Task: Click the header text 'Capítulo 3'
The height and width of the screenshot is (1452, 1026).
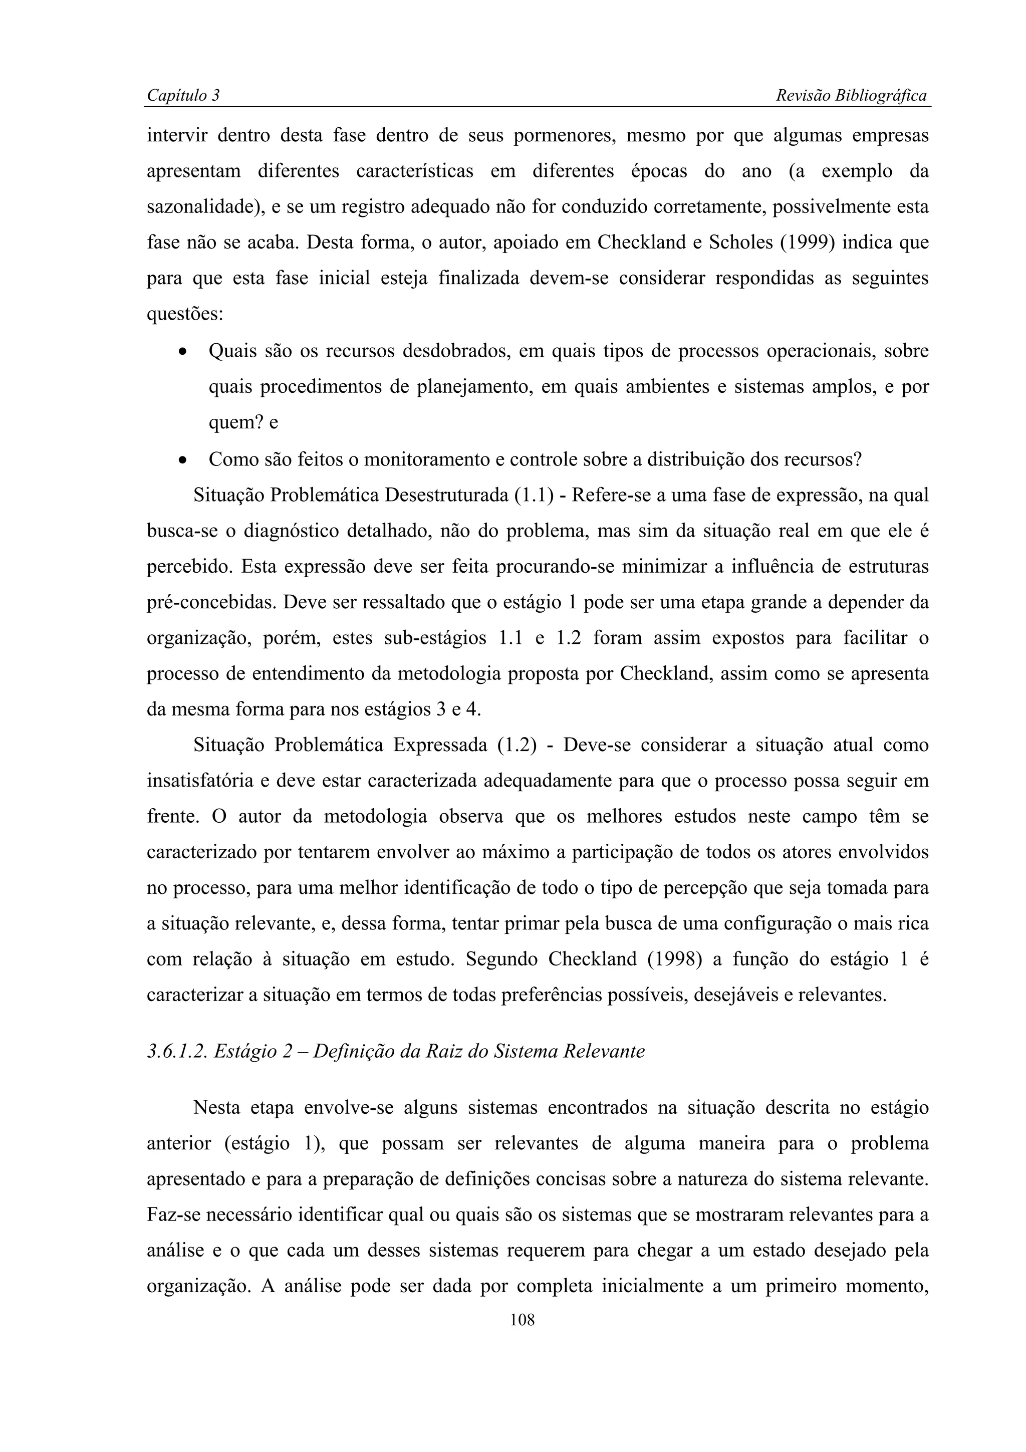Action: [183, 96]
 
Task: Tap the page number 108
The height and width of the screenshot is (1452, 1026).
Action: [522, 1320]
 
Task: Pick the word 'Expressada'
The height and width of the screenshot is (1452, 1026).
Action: [440, 745]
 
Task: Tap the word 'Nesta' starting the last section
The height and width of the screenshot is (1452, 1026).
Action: [217, 1108]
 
